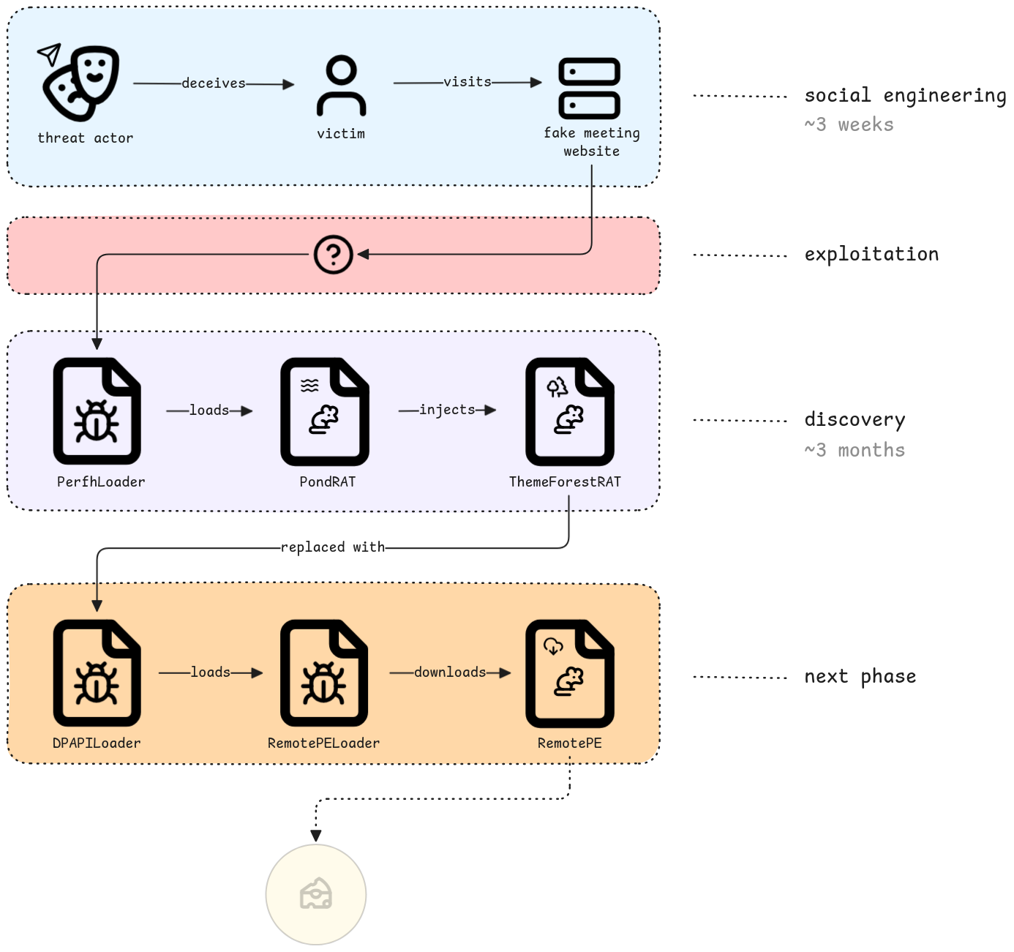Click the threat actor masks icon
pos(78,83)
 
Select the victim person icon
pos(341,86)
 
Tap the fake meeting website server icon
pos(589,89)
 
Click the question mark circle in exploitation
pos(333,255)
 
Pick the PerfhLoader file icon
pos(97,411)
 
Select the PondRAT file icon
pos(325,411)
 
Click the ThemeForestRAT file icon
pos(570,411)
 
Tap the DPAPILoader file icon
pos(97,672)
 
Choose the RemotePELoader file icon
pos(324,672)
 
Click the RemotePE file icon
pos(570,673)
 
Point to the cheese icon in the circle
pos(315,894)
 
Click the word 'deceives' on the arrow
pos(214,83)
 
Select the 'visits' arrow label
pos(467,82)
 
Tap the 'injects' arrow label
pos(447,410)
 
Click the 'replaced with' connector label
pos(333,547)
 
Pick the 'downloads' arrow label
pos(450,672)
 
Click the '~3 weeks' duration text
pos(849,124)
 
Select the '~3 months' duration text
pos(855,450)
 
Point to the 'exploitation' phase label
pos(871,255)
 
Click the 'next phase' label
pos(860,677)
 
